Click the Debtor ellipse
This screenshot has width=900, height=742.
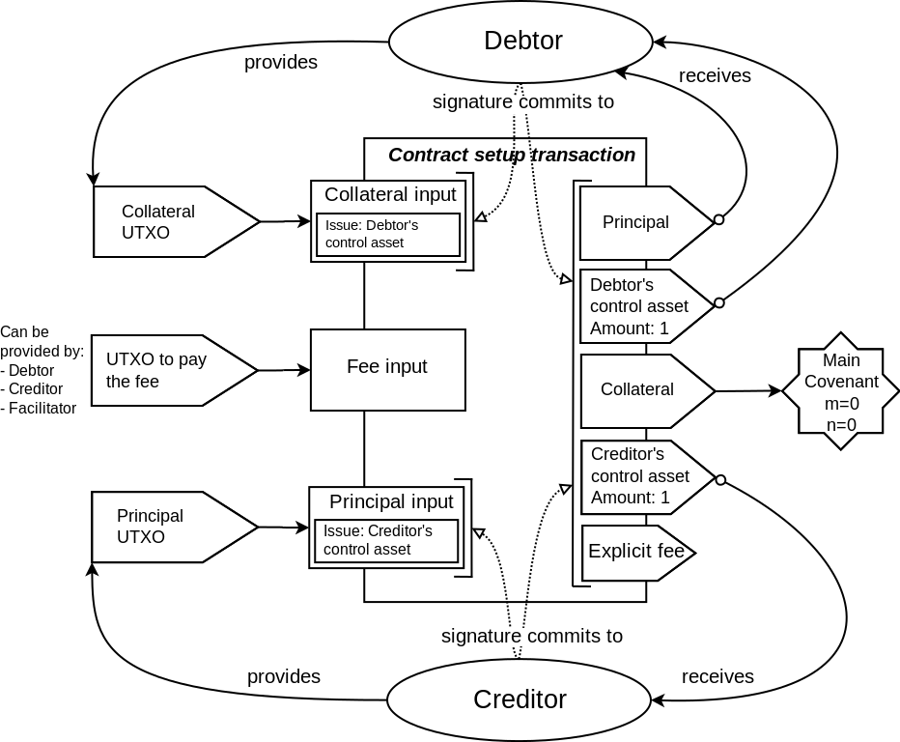(521, 41)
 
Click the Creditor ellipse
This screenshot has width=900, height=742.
(520, 699)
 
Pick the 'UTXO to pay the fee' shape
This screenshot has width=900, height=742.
(169, 370)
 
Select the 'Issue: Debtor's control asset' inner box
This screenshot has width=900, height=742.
(388, 235)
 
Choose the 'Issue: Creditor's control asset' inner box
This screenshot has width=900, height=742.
(386, 541)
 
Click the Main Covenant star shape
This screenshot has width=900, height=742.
(841, 391)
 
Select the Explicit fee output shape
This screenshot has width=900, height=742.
(635, 553)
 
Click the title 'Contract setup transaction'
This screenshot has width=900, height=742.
(511, 155)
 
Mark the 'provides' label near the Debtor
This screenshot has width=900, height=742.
(280, 62)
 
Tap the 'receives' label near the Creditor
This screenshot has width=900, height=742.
(717, 676)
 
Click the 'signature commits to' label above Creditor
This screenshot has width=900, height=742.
(531, 636)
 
